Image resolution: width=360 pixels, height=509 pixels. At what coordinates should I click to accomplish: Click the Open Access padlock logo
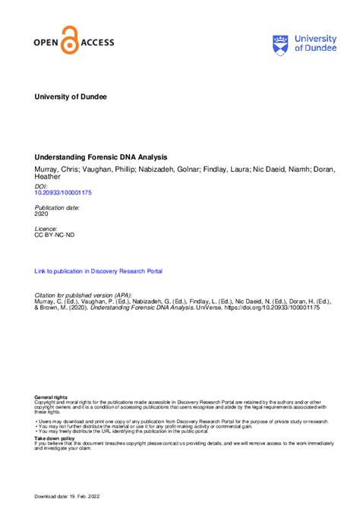pos(71,39)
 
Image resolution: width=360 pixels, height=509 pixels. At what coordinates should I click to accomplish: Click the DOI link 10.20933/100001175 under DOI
pos(63,193)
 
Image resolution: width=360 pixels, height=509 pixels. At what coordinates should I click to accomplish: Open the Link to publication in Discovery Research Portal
pos(99,271)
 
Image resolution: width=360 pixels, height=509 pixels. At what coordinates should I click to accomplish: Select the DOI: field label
pos(41,185)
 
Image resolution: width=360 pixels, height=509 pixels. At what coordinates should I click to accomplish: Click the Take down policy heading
pos(55,438)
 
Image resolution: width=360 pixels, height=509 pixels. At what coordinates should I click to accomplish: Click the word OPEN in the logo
pos(47,43)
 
